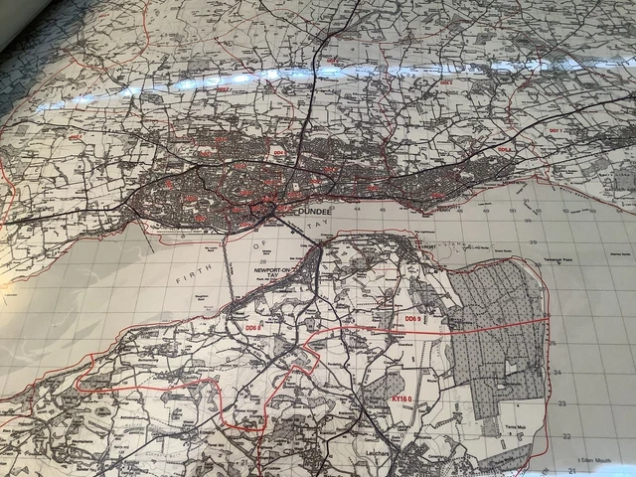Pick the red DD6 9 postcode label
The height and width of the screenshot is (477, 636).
pos(411,318)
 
